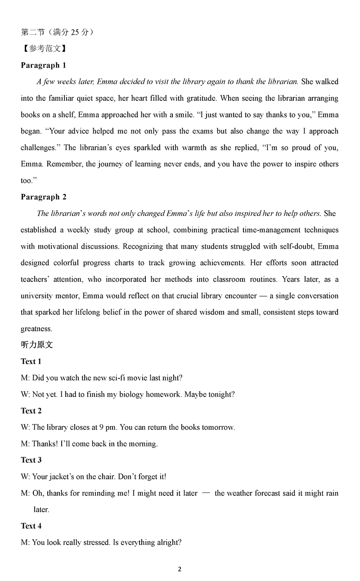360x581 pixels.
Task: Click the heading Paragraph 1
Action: [43, 65]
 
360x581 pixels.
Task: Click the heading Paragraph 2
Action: [43, 197]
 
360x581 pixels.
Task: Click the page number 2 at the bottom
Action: [180, 569]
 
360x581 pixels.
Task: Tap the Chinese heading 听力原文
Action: [37, 345]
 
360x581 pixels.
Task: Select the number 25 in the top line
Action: [76, 32]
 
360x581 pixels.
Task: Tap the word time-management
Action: [260, 230]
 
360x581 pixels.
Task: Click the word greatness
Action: [36, 329]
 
